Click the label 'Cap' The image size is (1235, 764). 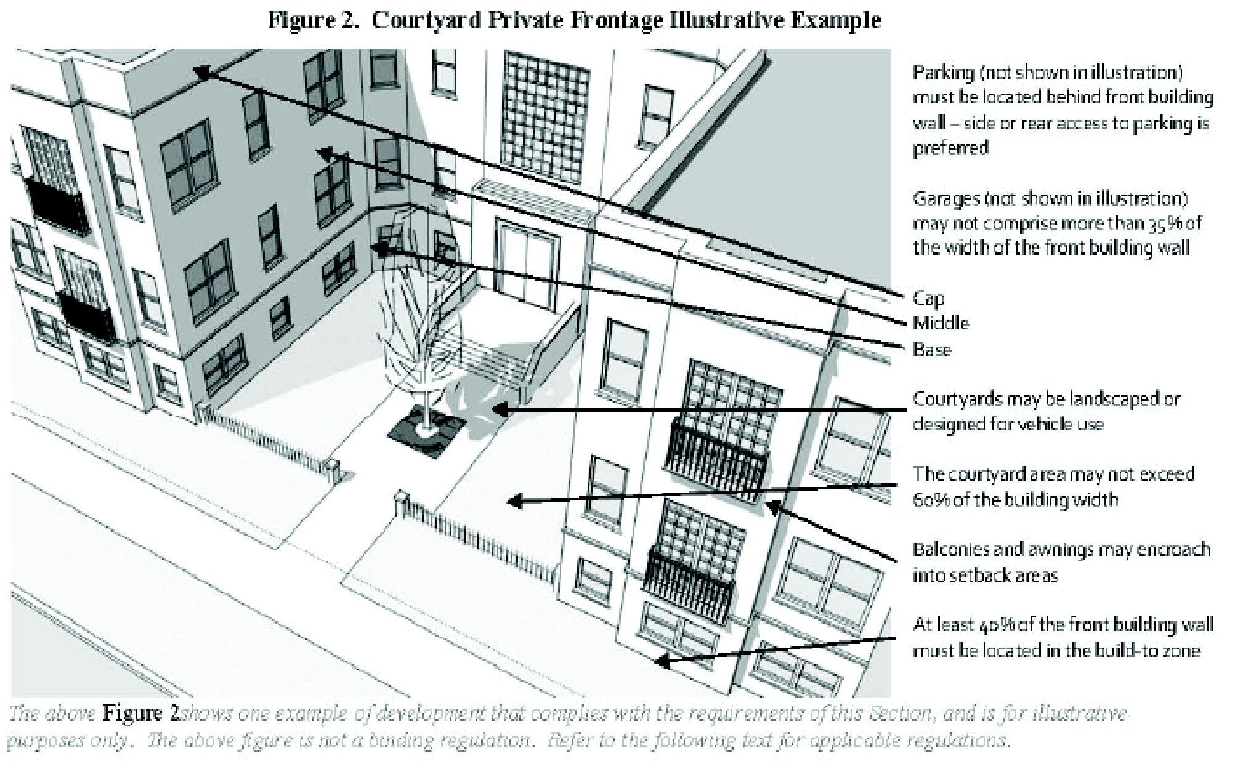pos(928,299)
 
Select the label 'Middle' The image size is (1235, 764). pos(940,323)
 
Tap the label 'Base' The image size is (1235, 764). pos(931,350)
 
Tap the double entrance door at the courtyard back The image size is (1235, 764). pos(524,266)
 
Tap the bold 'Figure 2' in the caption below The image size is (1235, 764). pos(140,713)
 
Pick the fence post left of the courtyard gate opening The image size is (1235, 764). pos(333,470)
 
